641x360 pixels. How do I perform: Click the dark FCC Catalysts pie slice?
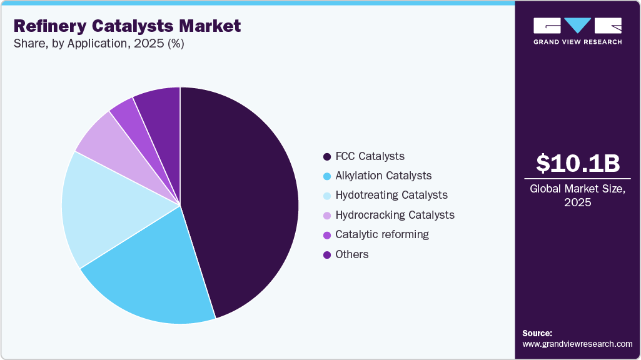[x=244, y=200]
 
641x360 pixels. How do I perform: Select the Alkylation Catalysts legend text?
[x=383, y=176]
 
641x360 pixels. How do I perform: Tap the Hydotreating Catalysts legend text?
[x=391, y=195]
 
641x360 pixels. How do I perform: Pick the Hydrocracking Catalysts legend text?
[x=395, y=215]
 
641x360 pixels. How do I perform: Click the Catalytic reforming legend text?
[x=382, y=234]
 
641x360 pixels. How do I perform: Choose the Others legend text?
[x=352, y=254]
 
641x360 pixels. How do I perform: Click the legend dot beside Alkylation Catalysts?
[x=326, y=176]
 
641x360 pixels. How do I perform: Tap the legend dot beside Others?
[x=326, y=255]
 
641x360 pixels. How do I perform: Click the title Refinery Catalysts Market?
[x=127, y=26]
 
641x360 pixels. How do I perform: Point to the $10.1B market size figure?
[x=578, y=163]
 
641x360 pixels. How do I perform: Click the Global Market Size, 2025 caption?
[x=578, y=195]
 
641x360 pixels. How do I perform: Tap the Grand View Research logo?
[x=577, y=30]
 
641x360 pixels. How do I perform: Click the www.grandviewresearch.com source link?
[x=577, y=344]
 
